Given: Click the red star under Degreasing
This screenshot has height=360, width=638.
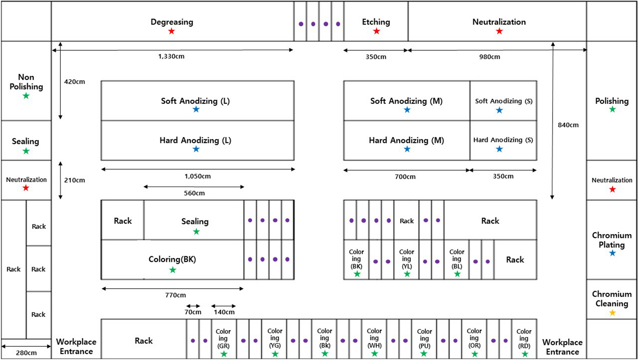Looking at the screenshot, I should coord(172,31).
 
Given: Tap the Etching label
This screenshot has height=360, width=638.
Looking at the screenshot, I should coord(376,22).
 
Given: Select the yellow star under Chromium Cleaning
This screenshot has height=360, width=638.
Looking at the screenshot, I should coord(612,313).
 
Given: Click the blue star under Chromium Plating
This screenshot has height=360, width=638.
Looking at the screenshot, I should coord(612,253).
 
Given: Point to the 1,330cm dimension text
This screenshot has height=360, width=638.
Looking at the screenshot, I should coord(171,56).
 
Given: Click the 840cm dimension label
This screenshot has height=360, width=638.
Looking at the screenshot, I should coord(568,125).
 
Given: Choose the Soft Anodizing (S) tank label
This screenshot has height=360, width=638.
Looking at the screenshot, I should coord(503,101).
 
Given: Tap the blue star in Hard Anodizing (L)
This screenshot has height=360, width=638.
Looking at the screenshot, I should coord(196,149).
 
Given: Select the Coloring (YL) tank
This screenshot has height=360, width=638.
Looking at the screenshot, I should coord(406,259).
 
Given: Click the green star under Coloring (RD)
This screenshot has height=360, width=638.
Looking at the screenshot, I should coord(525,354).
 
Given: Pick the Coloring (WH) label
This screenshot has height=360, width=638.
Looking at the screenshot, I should coord(374,338).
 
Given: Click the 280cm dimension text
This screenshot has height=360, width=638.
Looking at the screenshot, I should coord(26,353).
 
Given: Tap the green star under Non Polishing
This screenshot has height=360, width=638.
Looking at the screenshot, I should coord(26,96).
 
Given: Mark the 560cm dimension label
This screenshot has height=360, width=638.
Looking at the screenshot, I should coord(194,193).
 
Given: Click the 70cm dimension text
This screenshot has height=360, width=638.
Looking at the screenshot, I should coord(193,312).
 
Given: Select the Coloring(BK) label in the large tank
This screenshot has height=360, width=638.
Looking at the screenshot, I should coord(172,259).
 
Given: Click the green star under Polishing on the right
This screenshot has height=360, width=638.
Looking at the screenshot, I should coord(612,109).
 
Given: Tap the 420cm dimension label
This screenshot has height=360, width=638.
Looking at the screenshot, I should coord(74,82).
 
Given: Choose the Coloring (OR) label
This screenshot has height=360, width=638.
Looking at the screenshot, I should coord(474,338).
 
